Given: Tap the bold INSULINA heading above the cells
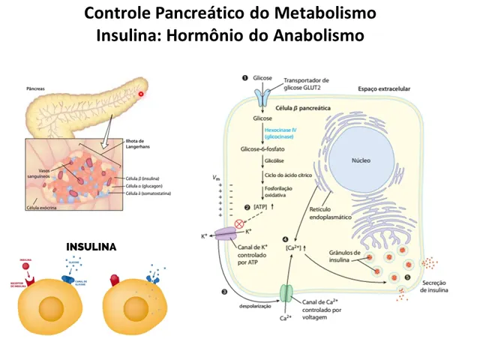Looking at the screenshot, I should pyautogui.click(x=91, y=246).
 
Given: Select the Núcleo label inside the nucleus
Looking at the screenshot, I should pyautogui.click(x=361, y=160).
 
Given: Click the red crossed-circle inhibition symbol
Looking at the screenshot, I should pyautogui.click(x=239, y=223).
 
